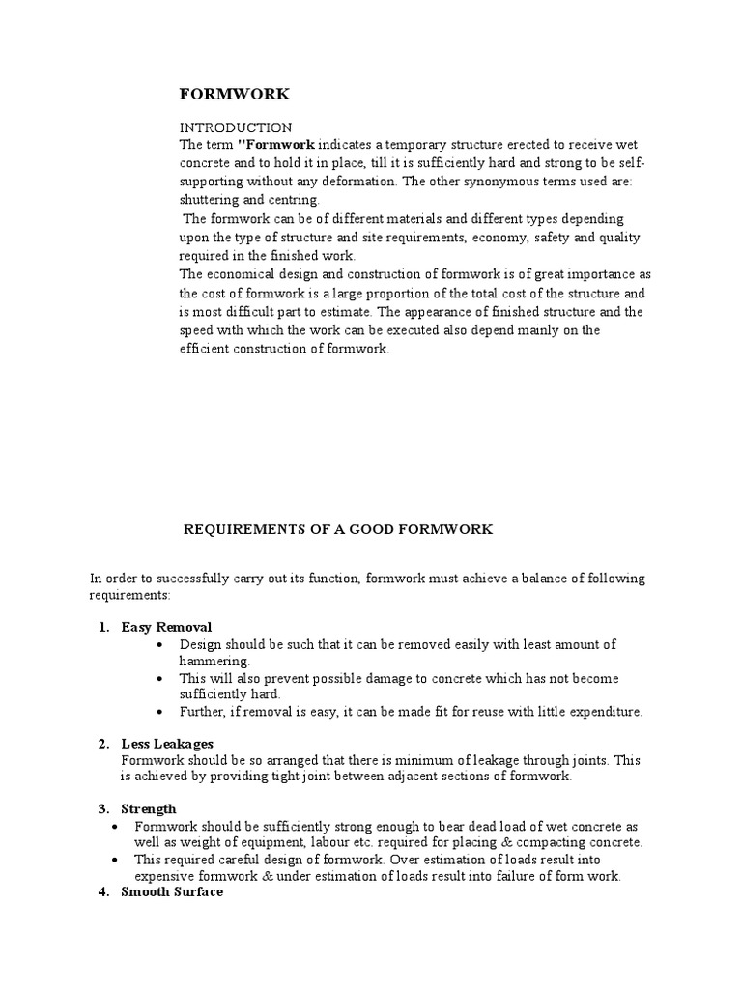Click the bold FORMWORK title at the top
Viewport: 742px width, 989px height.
[x=234, y=95]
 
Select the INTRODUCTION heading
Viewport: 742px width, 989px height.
[x=235, y=127]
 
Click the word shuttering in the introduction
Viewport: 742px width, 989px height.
[x=211, y=200]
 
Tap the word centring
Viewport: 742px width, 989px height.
[x=294, y=200]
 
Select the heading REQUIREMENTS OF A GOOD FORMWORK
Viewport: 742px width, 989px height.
[x=338, y=529]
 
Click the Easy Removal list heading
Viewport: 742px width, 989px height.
[x=166, y=628]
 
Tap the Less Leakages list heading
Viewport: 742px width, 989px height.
[x=167, y=743]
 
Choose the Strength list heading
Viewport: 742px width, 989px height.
[x=149, y=808]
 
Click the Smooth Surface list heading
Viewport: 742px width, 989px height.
[x=172, y=892]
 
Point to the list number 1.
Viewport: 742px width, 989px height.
[x=102, y=628]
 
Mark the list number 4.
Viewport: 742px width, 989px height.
[x=102, y=892]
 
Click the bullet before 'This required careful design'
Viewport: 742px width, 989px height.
[x=115, y=860]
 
